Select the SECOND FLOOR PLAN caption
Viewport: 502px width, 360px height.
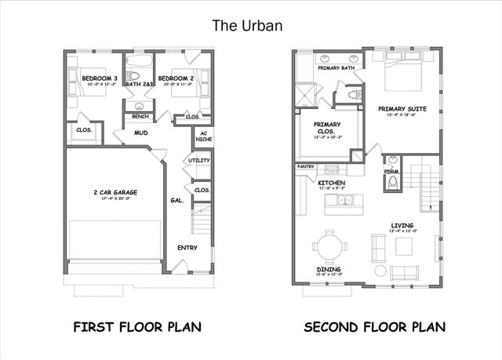[x=375, y=326]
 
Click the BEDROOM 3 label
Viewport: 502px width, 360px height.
[x=100, y=78]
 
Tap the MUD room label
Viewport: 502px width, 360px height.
[x=141, y=133]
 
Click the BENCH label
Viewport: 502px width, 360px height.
[x=141, y=117]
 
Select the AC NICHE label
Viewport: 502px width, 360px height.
[x=203, y=136]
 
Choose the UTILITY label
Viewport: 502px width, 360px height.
[x=199, y=161]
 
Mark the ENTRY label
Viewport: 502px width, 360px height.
[x=187, y=248]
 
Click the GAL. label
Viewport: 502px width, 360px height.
[x=177, y=201]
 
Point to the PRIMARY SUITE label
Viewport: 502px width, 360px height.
[x=402, y=108]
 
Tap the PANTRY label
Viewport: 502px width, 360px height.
[x=305, y=167]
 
